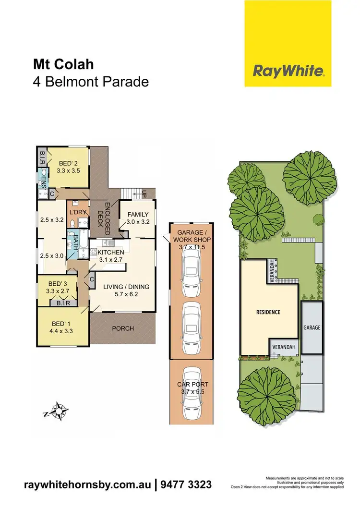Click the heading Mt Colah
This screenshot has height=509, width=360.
click(57, 65)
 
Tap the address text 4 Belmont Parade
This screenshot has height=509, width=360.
click(90, 82)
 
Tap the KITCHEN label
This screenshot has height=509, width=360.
click(111, 252)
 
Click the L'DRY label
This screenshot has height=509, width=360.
click(77, 212)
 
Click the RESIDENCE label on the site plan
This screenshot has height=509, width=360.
click(267, 312)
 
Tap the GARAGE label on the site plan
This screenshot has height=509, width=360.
click(311, 327)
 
